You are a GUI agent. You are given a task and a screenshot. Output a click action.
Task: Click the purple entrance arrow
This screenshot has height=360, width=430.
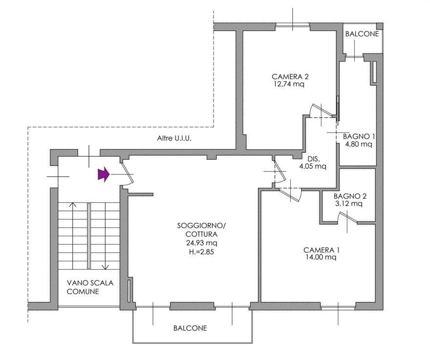click(x=104, y=174)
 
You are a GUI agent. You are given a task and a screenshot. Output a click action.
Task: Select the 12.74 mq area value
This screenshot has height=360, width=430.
click(x=289, y=84)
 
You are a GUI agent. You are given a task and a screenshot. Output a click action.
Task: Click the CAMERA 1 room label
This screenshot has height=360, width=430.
click(x=322, y=250)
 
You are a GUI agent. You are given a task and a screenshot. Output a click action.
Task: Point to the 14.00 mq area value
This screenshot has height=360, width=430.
click(x=321, y=257)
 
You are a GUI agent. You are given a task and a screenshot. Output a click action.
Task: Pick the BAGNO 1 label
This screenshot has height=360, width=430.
click(x=359, y=136)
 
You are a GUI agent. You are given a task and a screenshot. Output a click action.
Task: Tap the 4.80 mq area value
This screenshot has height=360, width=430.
click(x=359, y=144)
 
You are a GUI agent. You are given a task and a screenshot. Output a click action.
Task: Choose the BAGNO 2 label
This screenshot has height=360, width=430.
click(x=350, y=196)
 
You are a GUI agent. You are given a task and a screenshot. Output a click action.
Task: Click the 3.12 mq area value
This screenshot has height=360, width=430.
click(x=348, y=203)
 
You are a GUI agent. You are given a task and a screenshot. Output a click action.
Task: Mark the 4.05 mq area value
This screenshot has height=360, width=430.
click(x=313, y=166)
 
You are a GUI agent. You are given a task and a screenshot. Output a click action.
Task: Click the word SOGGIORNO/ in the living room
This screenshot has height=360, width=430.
click(x=201, y=226)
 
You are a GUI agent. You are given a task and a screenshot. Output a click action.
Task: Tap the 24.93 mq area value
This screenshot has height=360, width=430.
click(x=202, y=243)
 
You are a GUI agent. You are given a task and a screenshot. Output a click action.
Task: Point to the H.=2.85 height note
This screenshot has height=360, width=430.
click(x=201, y=252)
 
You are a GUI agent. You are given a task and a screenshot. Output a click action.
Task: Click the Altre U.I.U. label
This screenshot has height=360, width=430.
click(x=174, y=138)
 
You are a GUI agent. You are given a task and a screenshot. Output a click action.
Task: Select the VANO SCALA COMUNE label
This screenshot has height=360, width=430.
click(x=90, y=287)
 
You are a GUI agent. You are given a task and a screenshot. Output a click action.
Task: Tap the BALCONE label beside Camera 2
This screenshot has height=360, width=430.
click(x=362, y=34)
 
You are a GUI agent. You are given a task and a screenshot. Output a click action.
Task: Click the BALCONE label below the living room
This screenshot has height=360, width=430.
click(x=190, y=328)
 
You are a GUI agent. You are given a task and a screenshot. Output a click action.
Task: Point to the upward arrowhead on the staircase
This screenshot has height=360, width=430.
click(x=73, y=204)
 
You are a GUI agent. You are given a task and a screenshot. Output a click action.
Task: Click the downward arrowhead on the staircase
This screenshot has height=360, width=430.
click(x=106, y=267)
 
